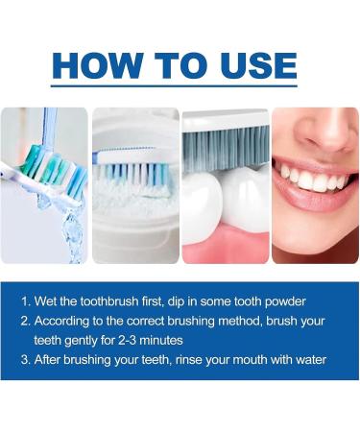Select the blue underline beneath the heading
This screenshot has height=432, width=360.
tap(180, 89)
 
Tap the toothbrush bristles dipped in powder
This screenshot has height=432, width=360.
tap(134, 173)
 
